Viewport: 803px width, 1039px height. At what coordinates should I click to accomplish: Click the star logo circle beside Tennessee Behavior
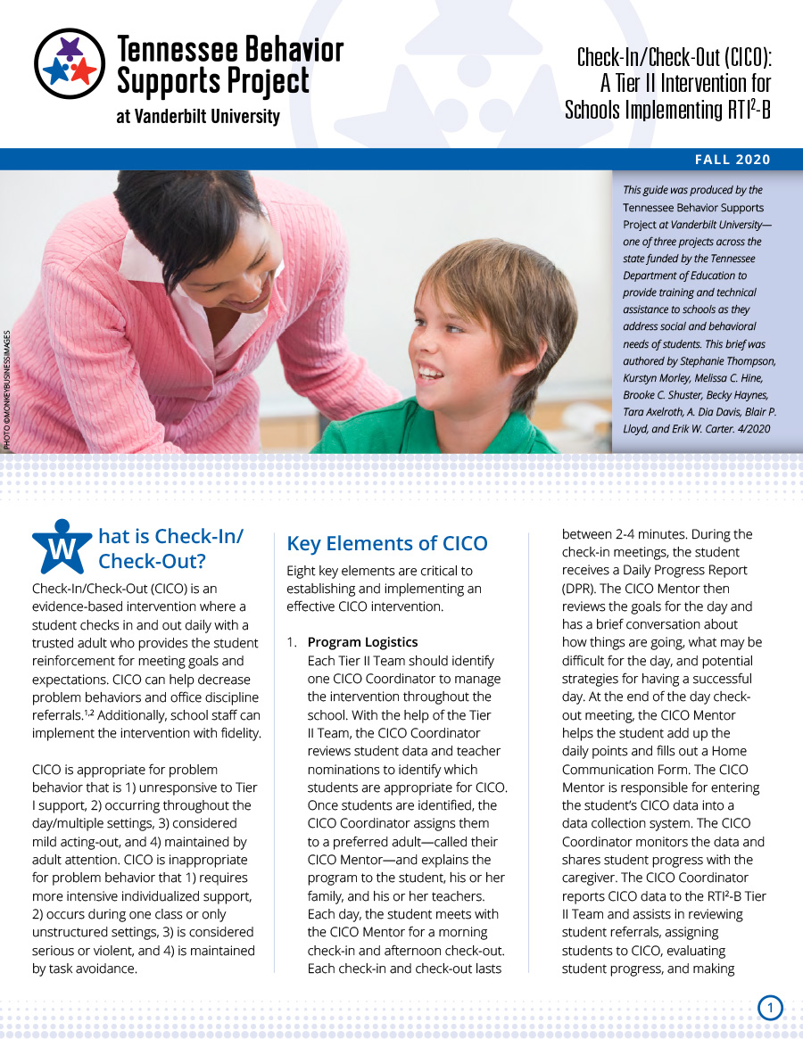70,62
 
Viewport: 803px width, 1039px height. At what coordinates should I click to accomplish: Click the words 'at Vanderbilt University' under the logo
198,117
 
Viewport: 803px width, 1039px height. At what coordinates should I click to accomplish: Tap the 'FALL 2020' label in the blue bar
733,160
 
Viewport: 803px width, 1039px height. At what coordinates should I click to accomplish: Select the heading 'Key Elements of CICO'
387,543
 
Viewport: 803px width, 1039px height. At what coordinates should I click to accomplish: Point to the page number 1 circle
770,1008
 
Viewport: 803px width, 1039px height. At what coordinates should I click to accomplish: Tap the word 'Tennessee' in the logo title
174,47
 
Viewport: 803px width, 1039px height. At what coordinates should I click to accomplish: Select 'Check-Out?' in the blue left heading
152,561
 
